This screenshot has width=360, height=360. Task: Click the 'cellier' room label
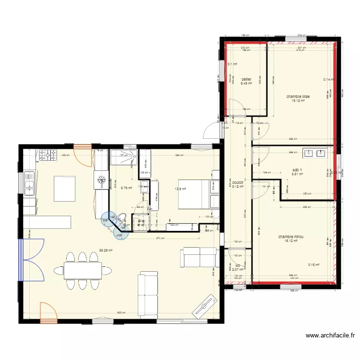pyautogui.click(x=246, y=79)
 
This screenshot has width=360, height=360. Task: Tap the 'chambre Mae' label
pyautogui.click(x=298, y=96)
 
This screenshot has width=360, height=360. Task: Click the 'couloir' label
pyautogui.click(x=238, y=182)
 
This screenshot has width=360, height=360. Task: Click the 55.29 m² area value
pyautogui.click(x=106, y=250)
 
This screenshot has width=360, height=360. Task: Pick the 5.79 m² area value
pyautogui.click(x=126, y=188)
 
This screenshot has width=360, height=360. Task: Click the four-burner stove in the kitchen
pyautogui.click(x=48, y=155)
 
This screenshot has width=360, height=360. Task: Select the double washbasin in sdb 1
pyautogui.click(x=315, y=154)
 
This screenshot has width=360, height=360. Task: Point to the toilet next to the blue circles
pyautogui.click(x=121, y=218)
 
